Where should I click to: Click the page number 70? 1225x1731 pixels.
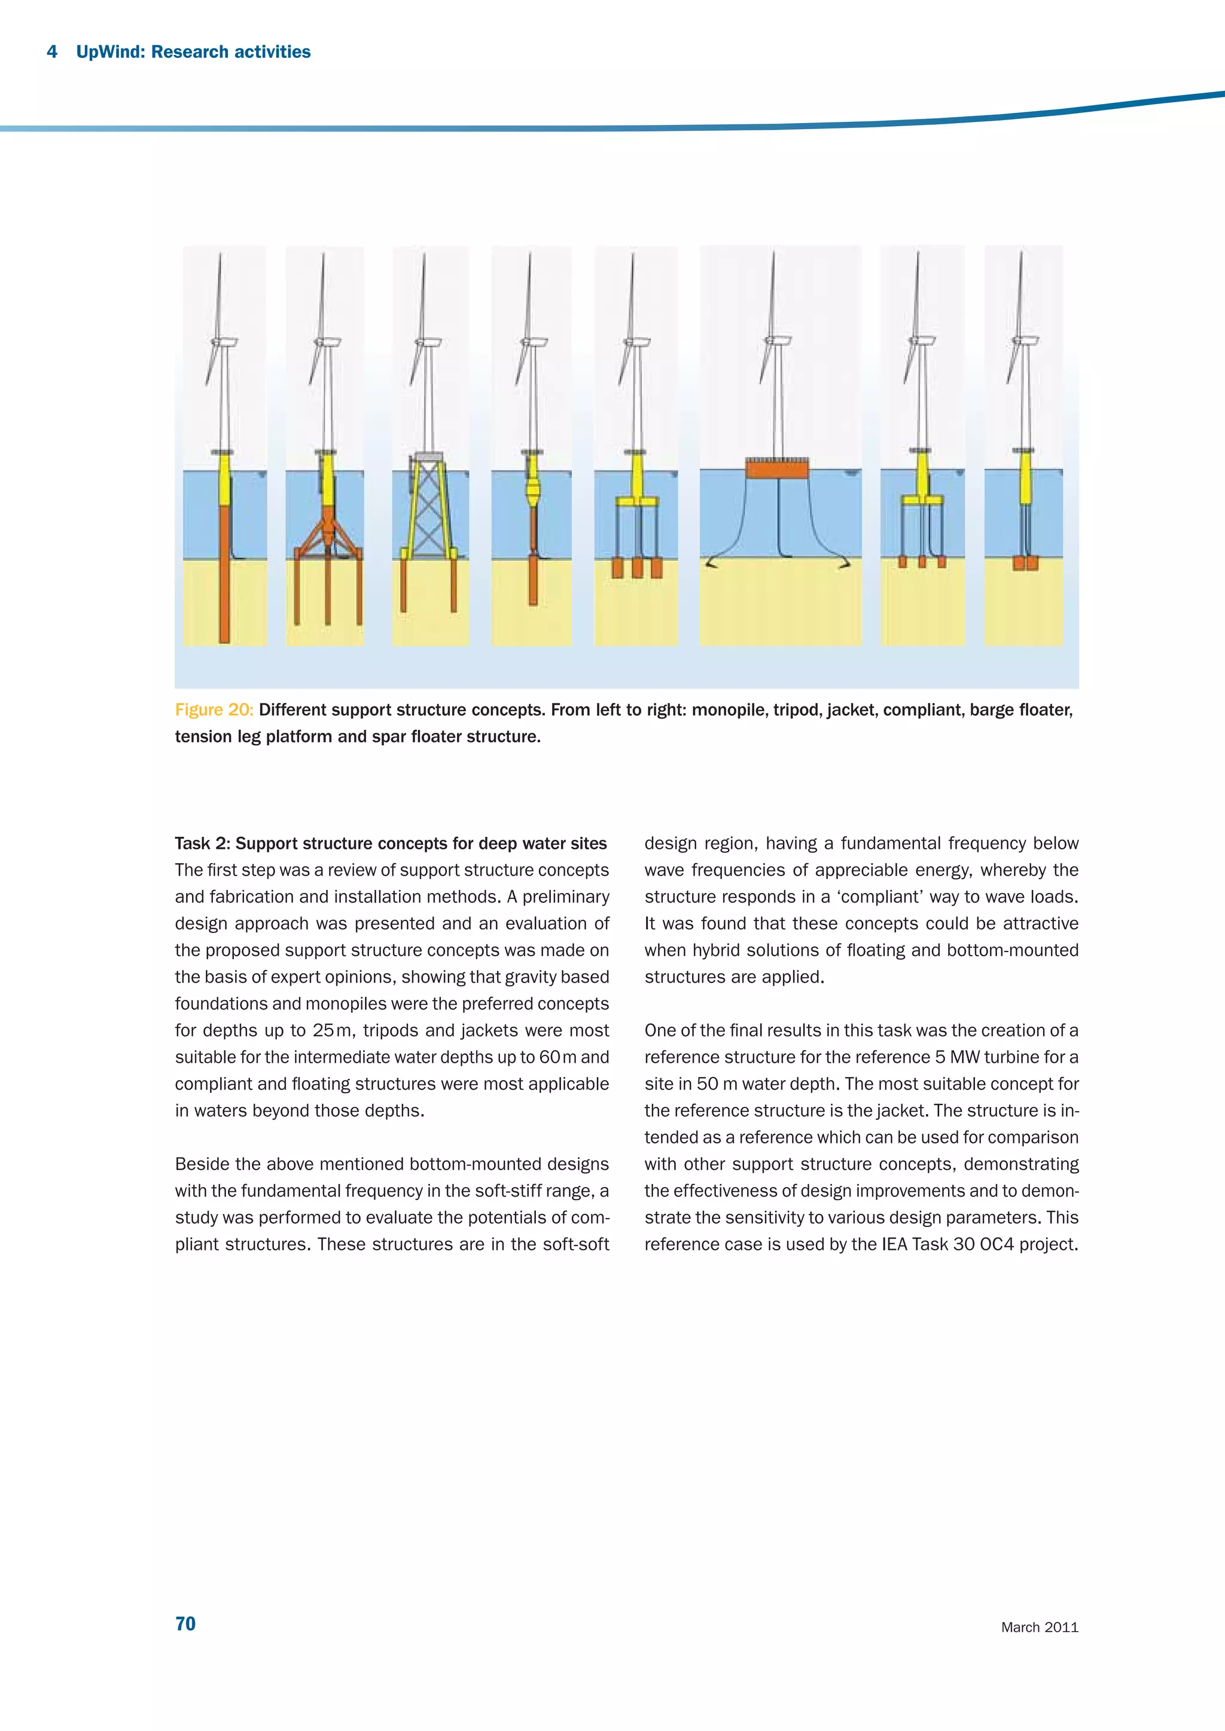coord(185,1623)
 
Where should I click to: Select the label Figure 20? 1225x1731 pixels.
coord(214,709)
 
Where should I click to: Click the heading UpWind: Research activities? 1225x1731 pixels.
coord(193,52)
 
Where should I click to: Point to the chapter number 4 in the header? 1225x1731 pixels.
coord(52,52)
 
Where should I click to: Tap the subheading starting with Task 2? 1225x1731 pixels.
coord(391,843)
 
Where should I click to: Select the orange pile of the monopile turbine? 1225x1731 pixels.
coord(224,573)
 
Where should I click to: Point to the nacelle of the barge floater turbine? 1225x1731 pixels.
coord(779,341)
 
